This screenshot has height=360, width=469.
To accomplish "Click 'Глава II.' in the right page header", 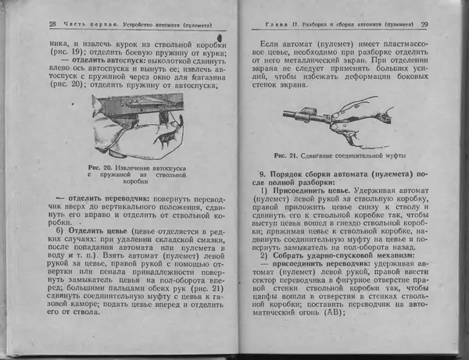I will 275,24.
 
